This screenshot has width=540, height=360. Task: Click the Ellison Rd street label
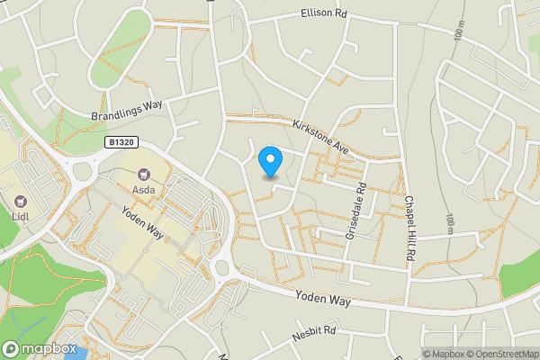click(321, 14)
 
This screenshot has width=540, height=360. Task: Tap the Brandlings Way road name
click(127, 110)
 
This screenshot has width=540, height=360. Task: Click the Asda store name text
click(144, 192)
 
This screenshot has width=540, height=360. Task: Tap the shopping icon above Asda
click(143, 175)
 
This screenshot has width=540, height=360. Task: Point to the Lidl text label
click(21, 217)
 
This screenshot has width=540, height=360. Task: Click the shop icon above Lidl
click(21, 200)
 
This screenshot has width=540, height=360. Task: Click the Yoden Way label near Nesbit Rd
click(320, 301)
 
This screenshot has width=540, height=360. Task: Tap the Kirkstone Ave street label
click(320, 134)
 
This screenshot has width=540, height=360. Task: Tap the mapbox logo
click(40, 349)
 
